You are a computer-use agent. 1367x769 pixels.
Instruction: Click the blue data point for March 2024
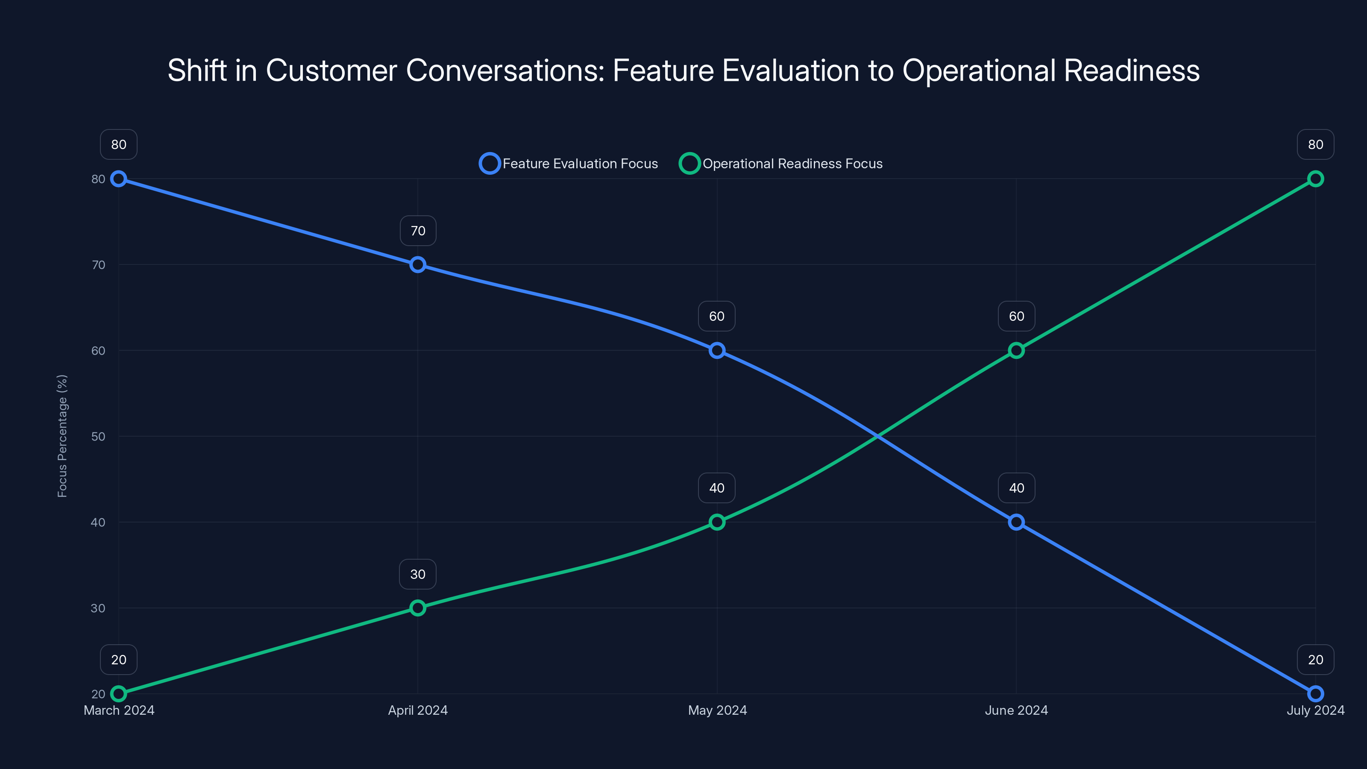(x=119, y=179)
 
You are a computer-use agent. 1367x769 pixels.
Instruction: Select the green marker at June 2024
(x=1016, y=350)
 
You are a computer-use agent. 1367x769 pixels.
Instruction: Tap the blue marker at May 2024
(x=717, y=350)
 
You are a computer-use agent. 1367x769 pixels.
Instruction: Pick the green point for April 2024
(x=418, y=608)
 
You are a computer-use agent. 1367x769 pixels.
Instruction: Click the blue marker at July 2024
(x=1316, y=694)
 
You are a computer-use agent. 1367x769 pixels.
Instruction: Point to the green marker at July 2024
(x=1316, y=179)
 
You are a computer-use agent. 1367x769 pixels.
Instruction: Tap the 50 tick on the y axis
(x=98, y=436)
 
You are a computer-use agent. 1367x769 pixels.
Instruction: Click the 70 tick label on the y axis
(x=98, y=265)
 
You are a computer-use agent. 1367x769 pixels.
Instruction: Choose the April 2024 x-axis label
(x=418, y=710)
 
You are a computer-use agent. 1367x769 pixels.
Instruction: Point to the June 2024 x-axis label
(x=1016, y=710)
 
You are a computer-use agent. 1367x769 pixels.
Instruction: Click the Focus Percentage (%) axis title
(x=62, y=436)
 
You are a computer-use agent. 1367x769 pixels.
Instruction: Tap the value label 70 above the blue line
(x=418, y=231)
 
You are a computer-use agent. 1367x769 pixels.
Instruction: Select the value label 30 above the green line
(x=418, y=574)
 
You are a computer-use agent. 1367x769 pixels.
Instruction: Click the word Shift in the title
(x=197, y=70)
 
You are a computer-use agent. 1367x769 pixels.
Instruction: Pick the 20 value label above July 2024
(x=1316, y=660)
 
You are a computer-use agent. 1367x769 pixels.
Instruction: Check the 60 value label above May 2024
(x=717, y=316)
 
